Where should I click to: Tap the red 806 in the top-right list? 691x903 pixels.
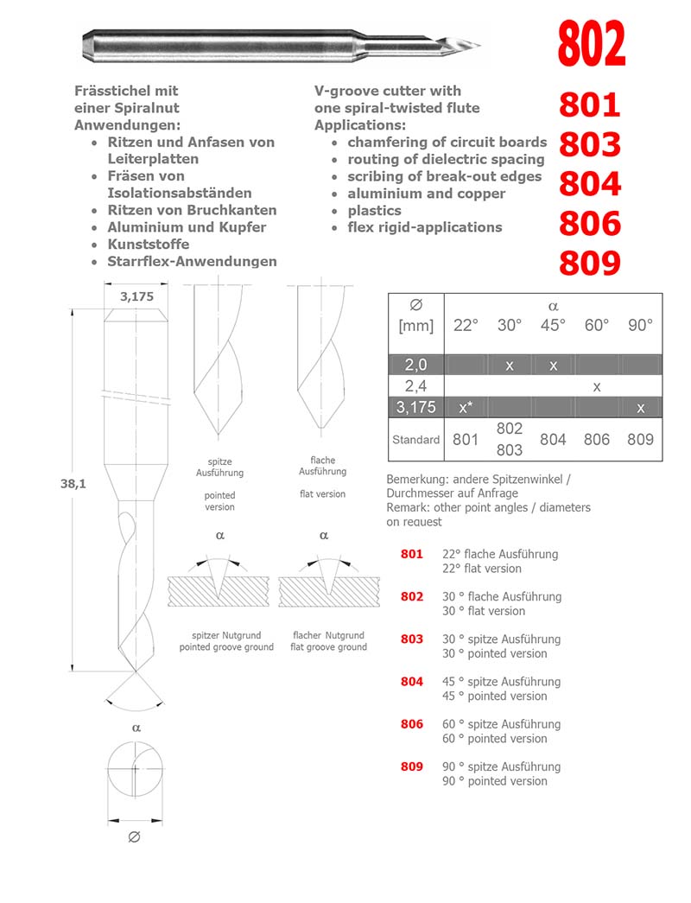pyautogui.click(x=590, y=224)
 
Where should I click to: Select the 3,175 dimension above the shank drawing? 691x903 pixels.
pyautogui.click(x=136, y=296)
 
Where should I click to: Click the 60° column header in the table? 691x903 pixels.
pyautogui.click(x=596, y=326)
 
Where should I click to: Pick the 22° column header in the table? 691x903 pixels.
pyautogui.click(x=466, y=326)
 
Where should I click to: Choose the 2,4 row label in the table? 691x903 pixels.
pyautogui.click(x=415, y=386)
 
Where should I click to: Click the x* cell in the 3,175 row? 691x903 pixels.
pyautogui.click(x=466, y=407)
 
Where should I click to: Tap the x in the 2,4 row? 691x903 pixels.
pyautogui.click(x=596, y=386)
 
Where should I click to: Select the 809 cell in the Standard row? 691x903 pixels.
pyautogui.click(x=640, y=439)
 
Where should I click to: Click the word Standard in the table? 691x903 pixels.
pyautogui.click(x=415, y=440)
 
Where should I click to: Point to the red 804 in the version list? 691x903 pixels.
pyautogui.click(x=412, y=682)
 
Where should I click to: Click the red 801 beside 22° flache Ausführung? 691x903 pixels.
pyautogui.click(x=412, y=554)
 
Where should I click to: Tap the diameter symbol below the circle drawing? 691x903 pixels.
pyautogui.click(x=134, y=837)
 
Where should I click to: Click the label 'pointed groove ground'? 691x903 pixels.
pyautogui.click(x=226, y=647)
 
